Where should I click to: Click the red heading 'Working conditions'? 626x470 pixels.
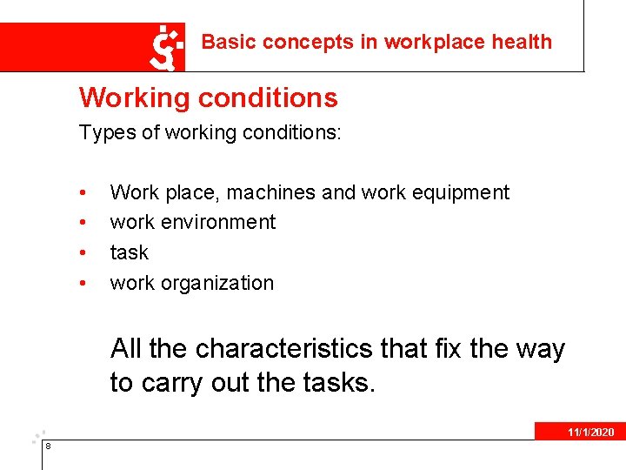[x=208, y=97]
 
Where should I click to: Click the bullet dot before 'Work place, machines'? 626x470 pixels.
[x=81, y=193]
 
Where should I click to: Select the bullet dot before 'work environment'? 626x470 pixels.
[x=81, y=224]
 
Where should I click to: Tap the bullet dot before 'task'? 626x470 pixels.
[x=81, y=254]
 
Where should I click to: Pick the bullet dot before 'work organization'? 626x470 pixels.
[x=81, y=285]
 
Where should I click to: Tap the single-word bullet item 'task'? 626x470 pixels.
[x=129, y=253]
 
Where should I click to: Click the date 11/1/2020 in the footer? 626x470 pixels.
[x=590, y=433]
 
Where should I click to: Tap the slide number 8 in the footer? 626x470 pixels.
[x=48, y=446]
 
